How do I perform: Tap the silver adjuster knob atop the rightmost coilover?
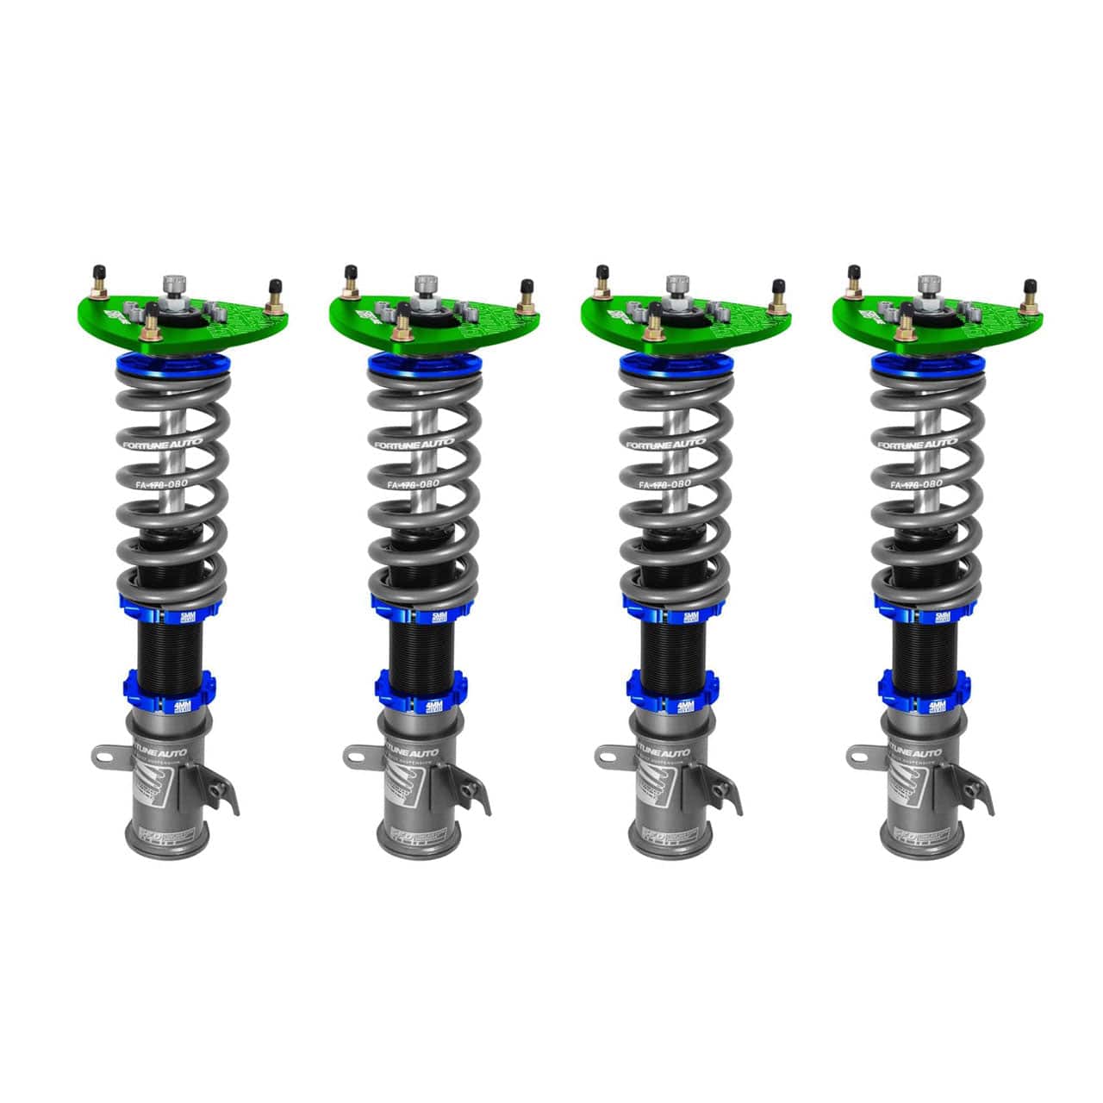click(928, 284)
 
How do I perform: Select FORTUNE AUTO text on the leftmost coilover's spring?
click(168, 443)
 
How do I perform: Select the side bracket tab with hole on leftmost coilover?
click(105, 757)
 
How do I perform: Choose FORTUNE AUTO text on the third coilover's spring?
click(672, 443)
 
